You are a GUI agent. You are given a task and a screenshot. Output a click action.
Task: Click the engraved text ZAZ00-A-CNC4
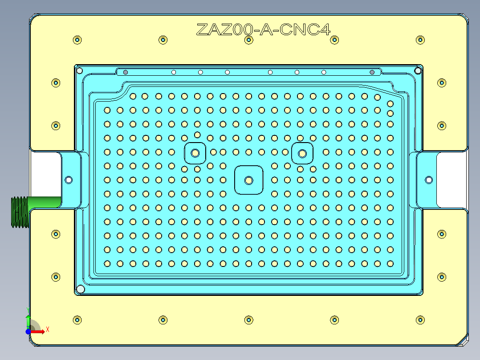click(x=263, y=30)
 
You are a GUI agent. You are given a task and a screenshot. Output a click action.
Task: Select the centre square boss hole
click(x=248, y=180)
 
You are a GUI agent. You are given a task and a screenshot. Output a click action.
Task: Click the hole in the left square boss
click(x=195, y=153)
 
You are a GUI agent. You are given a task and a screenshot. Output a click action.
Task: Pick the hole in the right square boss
click(x=302, y=154)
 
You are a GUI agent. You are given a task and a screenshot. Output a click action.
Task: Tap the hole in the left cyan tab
click(x=69, y=180)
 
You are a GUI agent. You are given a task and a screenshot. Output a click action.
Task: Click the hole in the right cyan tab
click(x=429, y=180)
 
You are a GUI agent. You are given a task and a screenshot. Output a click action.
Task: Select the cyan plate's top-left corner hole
click(x=80, y=70)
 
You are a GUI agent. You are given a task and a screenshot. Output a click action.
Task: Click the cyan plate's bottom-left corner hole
click(x=81, y=289)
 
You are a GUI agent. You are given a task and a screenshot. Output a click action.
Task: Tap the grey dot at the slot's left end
click(x=126, y=72)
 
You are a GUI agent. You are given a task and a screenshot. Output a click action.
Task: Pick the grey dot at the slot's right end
click(x=372, y=72)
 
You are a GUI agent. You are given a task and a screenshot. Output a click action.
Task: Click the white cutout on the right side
click(x=451, y=180)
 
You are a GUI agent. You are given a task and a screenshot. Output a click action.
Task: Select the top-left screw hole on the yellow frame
click(x=77, y=40)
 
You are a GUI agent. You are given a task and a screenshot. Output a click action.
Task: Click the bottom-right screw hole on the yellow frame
click(x=420, y=320)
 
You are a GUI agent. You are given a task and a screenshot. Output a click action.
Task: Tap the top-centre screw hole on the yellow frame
click(x=248, y=40)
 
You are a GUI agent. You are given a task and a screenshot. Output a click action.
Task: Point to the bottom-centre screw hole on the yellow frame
click(x=248, y=320)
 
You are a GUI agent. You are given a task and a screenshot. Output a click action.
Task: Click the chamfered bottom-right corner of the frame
click(x=464, y=341)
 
